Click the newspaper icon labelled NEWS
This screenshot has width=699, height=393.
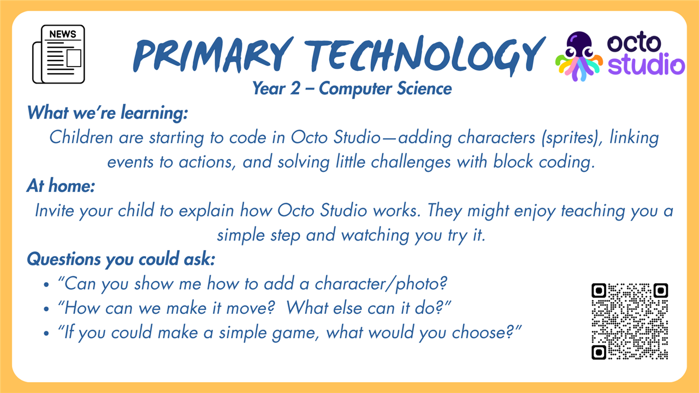[58, 54]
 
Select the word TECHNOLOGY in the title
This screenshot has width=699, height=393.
[425, 56]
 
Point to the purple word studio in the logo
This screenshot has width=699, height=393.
[646, 64]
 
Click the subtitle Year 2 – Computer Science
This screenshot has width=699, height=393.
[352, 88]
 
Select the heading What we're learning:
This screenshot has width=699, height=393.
[108, 112]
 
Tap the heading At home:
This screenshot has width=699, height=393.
[61, 186]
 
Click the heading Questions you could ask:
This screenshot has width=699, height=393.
[121, 259]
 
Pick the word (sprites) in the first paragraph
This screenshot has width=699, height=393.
[572, 138]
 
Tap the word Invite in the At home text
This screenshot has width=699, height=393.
[54, 211]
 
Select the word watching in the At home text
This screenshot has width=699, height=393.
[375, 235]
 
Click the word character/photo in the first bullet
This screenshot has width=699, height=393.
[381, 284]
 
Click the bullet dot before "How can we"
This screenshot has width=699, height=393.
[46, 309]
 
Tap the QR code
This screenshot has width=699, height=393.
[630, 321]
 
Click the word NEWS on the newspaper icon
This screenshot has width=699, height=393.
[63, 34]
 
